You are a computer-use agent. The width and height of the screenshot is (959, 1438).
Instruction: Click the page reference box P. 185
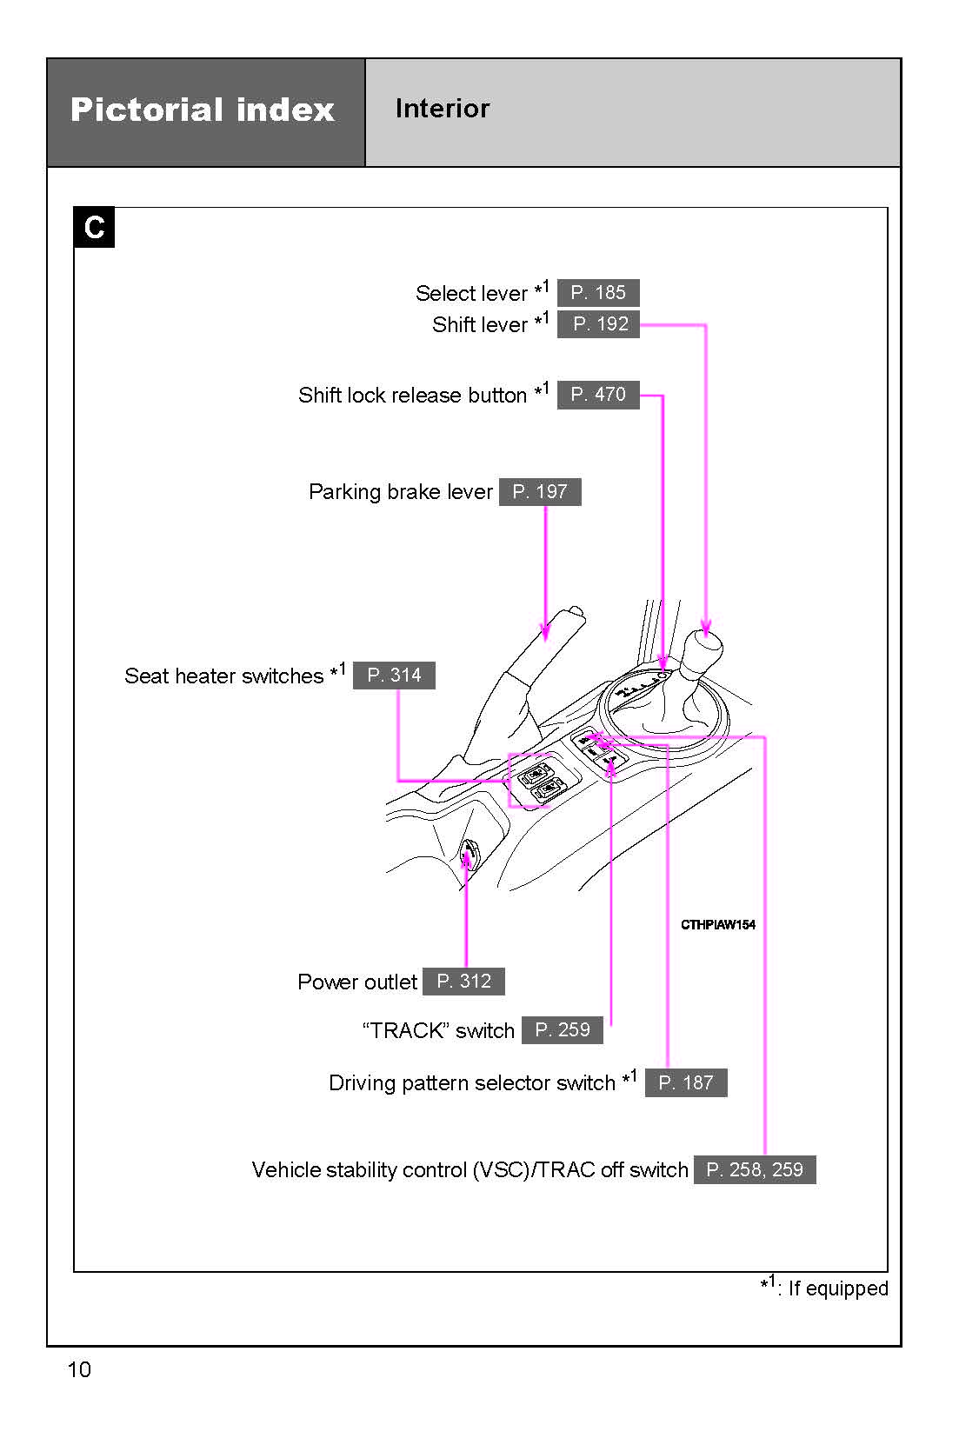tap(598, 292)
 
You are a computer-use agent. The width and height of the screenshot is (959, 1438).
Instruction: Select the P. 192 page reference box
tap(598, 324)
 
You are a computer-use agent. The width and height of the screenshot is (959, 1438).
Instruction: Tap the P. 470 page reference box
tap(598, 395)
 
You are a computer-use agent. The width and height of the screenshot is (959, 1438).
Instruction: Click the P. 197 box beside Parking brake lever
tap(540, 492)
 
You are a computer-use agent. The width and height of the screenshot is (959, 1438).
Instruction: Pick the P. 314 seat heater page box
tap(394, 676)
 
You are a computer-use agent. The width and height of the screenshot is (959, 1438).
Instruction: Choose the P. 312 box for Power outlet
tap(463, 982)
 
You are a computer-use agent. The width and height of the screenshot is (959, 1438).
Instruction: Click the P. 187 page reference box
tap(686, 1082)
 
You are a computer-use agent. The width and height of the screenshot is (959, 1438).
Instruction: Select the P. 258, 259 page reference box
tap(755, 1169)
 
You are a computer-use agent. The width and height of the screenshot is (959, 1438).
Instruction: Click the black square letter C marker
tap(94, 227)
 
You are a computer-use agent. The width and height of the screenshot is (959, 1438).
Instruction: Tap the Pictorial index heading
tap(203, 110)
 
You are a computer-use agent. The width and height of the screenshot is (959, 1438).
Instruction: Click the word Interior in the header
tap(442, 109)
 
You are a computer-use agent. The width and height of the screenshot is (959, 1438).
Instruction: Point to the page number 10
tap(79, 1369)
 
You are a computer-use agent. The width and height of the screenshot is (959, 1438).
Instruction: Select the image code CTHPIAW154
tap(717, 925)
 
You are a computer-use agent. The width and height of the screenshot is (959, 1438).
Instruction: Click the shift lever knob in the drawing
tap(703, 649)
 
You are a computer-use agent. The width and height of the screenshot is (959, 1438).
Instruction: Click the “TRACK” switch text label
tap(438, 1031)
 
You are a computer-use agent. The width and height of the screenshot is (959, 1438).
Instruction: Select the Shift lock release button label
tap(412, 396)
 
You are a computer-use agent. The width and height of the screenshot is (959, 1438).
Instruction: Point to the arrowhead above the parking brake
tap(545, 632)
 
